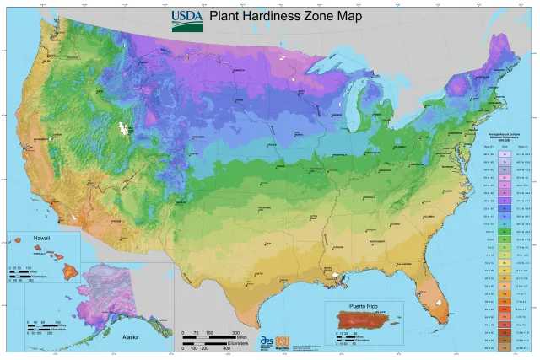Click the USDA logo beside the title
(186, 20)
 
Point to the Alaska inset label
(130, 336)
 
